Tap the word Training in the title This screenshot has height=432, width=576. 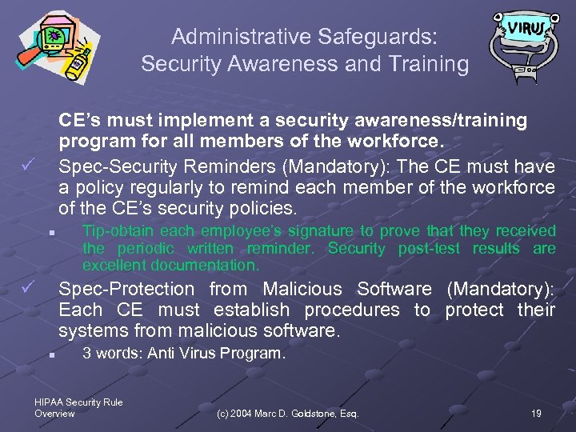coord(429,64)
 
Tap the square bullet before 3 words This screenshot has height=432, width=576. coord(50,354)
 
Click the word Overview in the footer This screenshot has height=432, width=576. coord(54,414)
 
